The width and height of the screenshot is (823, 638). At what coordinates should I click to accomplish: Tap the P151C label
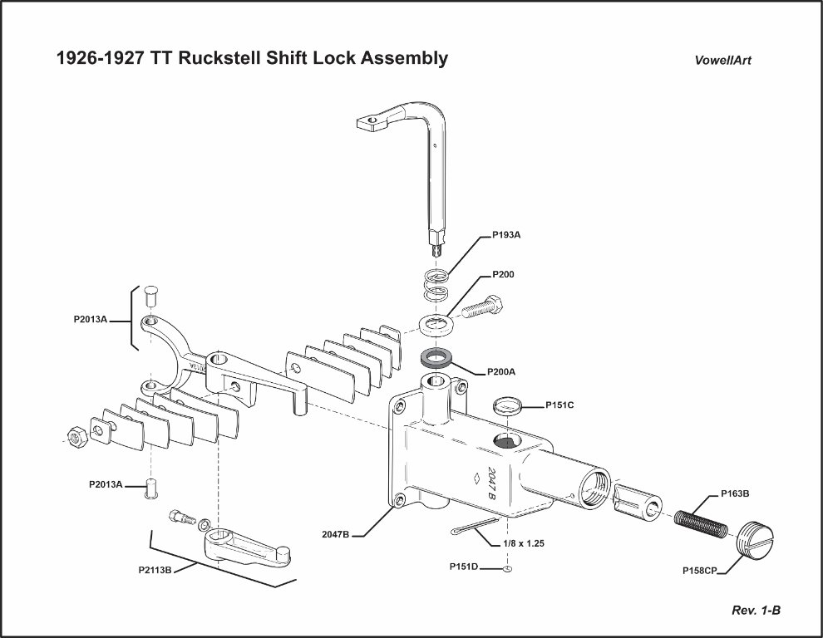[560, 405]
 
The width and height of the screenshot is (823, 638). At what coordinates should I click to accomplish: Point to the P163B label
[732, 493]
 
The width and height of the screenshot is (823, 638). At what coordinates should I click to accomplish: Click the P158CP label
[698, 571]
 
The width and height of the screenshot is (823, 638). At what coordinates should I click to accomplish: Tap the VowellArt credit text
[723, 61]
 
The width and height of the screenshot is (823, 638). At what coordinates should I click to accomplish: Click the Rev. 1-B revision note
[756, 611]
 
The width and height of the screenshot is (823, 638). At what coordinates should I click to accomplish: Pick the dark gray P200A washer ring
[435, 359]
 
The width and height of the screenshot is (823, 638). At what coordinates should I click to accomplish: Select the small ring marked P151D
[506, 569]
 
